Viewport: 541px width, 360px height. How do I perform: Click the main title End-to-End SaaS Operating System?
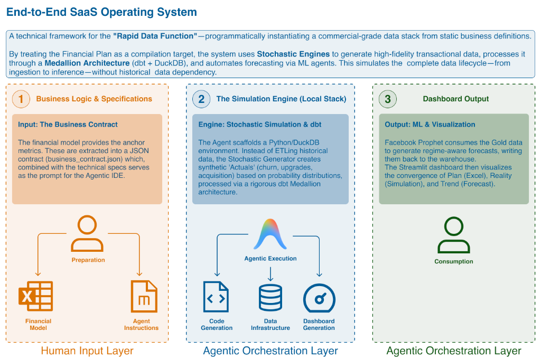(101, 12)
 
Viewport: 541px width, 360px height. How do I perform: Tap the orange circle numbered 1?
(21, 99)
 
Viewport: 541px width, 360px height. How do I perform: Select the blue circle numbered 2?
(201, 99)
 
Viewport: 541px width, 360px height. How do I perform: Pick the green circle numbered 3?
(388, 99)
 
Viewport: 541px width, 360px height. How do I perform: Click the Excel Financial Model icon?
(35, 297)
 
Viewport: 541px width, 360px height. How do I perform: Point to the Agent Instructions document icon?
(144, 297)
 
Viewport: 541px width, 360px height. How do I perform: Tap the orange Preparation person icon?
(88, 235)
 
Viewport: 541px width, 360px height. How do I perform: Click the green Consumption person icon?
(453, 236)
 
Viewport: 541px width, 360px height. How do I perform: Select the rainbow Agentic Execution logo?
(270, 234)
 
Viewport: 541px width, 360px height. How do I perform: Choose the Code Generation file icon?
(216, 297)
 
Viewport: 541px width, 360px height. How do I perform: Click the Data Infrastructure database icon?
(270, 297)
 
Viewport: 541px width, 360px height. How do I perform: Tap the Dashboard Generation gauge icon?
(319, 298)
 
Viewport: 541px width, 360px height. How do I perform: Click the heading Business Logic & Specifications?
(94, 99)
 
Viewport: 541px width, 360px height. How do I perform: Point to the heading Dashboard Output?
(456, 99)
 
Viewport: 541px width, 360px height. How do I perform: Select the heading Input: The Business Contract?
(68, 125)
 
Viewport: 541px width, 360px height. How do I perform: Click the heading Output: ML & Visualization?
(430, 125)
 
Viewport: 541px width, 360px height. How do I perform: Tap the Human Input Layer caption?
(87, 351)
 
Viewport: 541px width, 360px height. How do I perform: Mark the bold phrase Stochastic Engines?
(293, 54)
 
